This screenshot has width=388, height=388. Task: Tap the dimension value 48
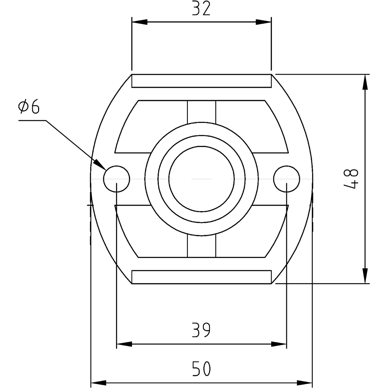(352, 179)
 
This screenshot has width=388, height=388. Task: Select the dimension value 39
(201, 330)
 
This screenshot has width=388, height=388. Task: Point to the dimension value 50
(201, 369)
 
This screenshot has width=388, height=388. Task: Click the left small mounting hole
(116, 179)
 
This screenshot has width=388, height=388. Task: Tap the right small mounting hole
(287, 179)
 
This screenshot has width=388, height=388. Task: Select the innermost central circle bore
(201, 179)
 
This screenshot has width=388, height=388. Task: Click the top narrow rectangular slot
(201, 81)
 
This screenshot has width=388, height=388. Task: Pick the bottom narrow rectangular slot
(201, 277)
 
